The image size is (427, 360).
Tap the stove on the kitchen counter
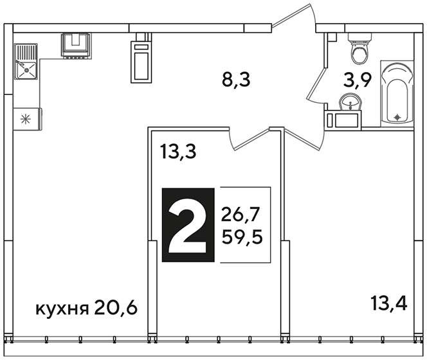coord(77,45)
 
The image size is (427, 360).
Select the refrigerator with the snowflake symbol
coord(28,119)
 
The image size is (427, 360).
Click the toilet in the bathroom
coord(359,48)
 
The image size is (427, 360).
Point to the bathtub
coord(397,94)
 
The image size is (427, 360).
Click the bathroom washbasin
coord(350,102)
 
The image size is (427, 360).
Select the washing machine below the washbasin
coord(343,120)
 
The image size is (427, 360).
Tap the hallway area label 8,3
coord(236,80)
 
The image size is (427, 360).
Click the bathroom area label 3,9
coord(357,80)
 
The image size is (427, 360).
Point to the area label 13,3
coord(178,152)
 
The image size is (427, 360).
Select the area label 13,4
coord(389,303)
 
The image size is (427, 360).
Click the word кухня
coord(62,309)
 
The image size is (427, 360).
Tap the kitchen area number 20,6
coord(116,309)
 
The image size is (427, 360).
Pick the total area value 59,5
coord(242,237)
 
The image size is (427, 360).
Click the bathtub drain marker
coord(397,117)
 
